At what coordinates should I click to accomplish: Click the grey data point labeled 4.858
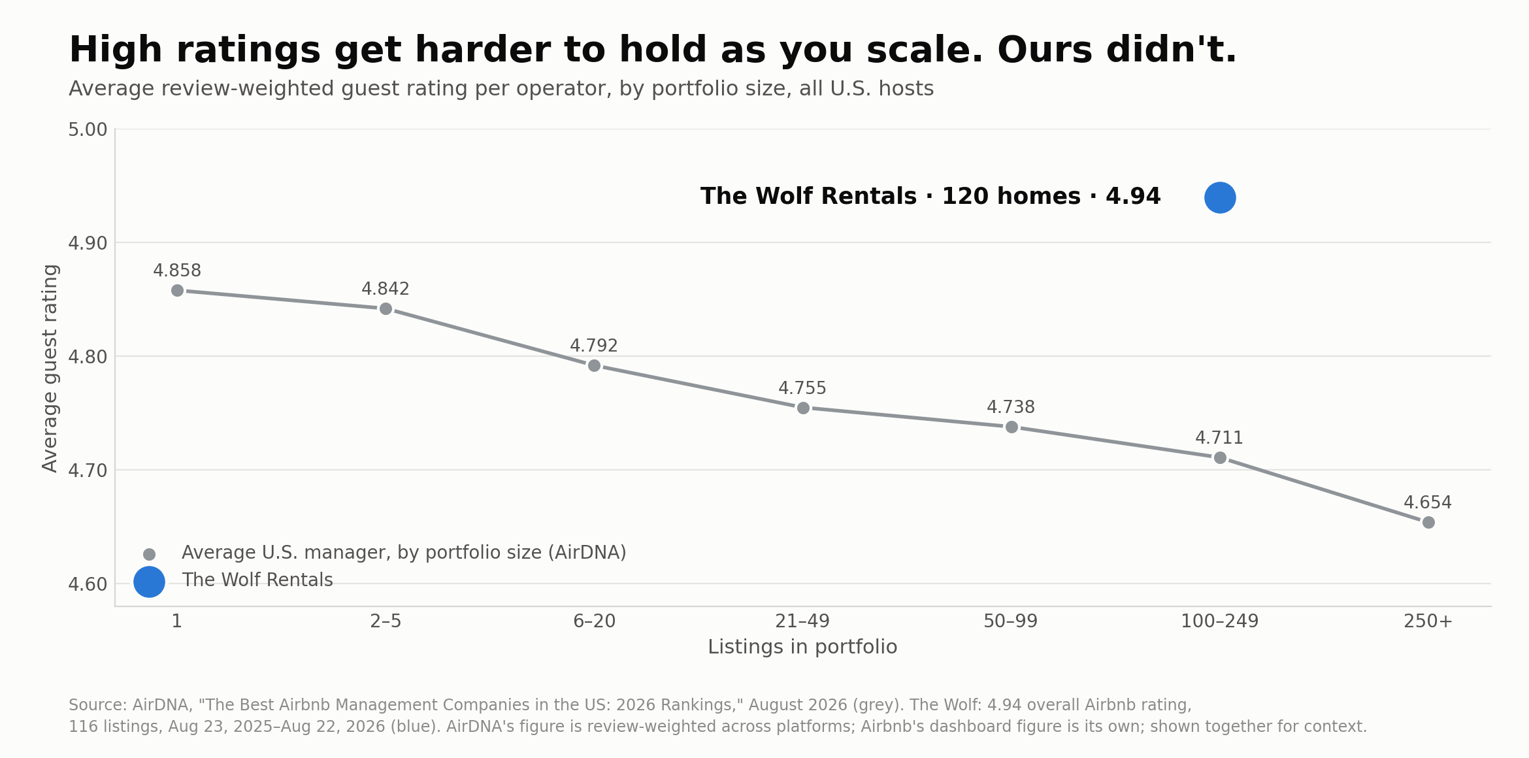pyautogui.click(x=177, y=290)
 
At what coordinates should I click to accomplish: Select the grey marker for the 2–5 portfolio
pyautogui.click(x=386, y=308)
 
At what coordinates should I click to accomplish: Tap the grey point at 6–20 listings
pyautogui.click(x=594, y=365)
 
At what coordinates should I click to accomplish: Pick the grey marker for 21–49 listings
pyautogui.click(x=803, y=408)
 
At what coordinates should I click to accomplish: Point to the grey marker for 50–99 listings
pyautogui.click(x=1011, y=427)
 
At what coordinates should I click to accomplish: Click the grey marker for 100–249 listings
pyautogui.click(x=1220, y=457)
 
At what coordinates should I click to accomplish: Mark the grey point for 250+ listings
pyautogui.click(x=1428, y=522)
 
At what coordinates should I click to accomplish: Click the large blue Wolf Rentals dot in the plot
pyautogui.click(x=1220, y=197)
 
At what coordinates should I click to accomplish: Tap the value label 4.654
pyautogui.click(x=1428, y=503)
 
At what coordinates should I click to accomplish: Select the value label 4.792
pyautogui.click(x=594, y=346)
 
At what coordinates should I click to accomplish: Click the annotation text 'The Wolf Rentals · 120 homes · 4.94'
pyautogui.click(x=930, y=197)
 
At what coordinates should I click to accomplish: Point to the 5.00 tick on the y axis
pyautogui.click(x=88, y=129)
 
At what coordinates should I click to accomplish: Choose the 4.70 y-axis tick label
pyautogui.click(x=88, y=470)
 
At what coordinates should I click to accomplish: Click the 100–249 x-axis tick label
pyautogui.click(x=1219, y=621)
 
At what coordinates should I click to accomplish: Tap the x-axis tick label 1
pyautogui.click(x=176, y=621)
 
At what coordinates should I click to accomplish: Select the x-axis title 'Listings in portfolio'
pyautogui.click(x=802, y=647)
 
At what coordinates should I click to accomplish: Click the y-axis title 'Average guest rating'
pyautogui.click(x=50, y=368)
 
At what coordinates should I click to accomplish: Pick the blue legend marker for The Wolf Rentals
pyautogui.click(x=149, y=582)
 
